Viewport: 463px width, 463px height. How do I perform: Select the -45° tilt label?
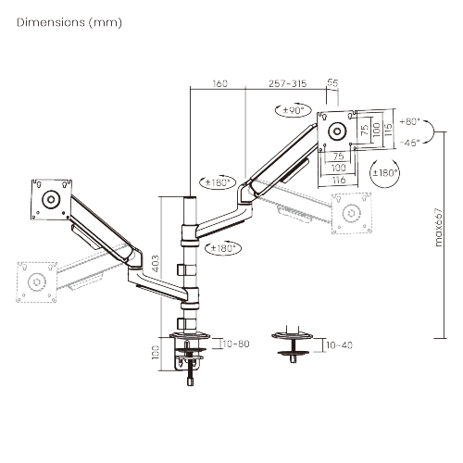click(409, 142)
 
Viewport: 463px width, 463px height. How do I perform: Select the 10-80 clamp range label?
click(237, 344)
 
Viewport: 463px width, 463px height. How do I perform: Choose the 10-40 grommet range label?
click(339, 344)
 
